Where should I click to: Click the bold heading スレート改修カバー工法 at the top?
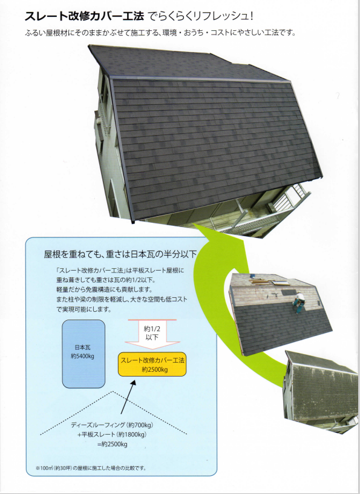[x=85, y=16]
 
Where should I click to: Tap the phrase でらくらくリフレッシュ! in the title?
[x=201, y=16]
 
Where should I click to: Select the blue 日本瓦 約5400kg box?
[x=83, y=354]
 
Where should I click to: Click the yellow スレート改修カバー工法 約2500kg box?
[x=152, y=364]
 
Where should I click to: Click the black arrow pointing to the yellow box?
[x=128, y=397]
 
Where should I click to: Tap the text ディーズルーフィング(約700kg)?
[x=112, y=425]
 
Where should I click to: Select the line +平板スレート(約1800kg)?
[x=112, y=435]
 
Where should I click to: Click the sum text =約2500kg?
[x=112, y=444]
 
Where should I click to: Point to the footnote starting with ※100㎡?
[x=91, y=468]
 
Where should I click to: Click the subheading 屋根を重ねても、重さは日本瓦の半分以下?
[x=120, y=254]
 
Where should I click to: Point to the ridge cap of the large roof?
[x=201, y=79]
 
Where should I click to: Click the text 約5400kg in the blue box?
[x=83, y=357]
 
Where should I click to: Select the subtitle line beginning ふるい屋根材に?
[x=160, y=33]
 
